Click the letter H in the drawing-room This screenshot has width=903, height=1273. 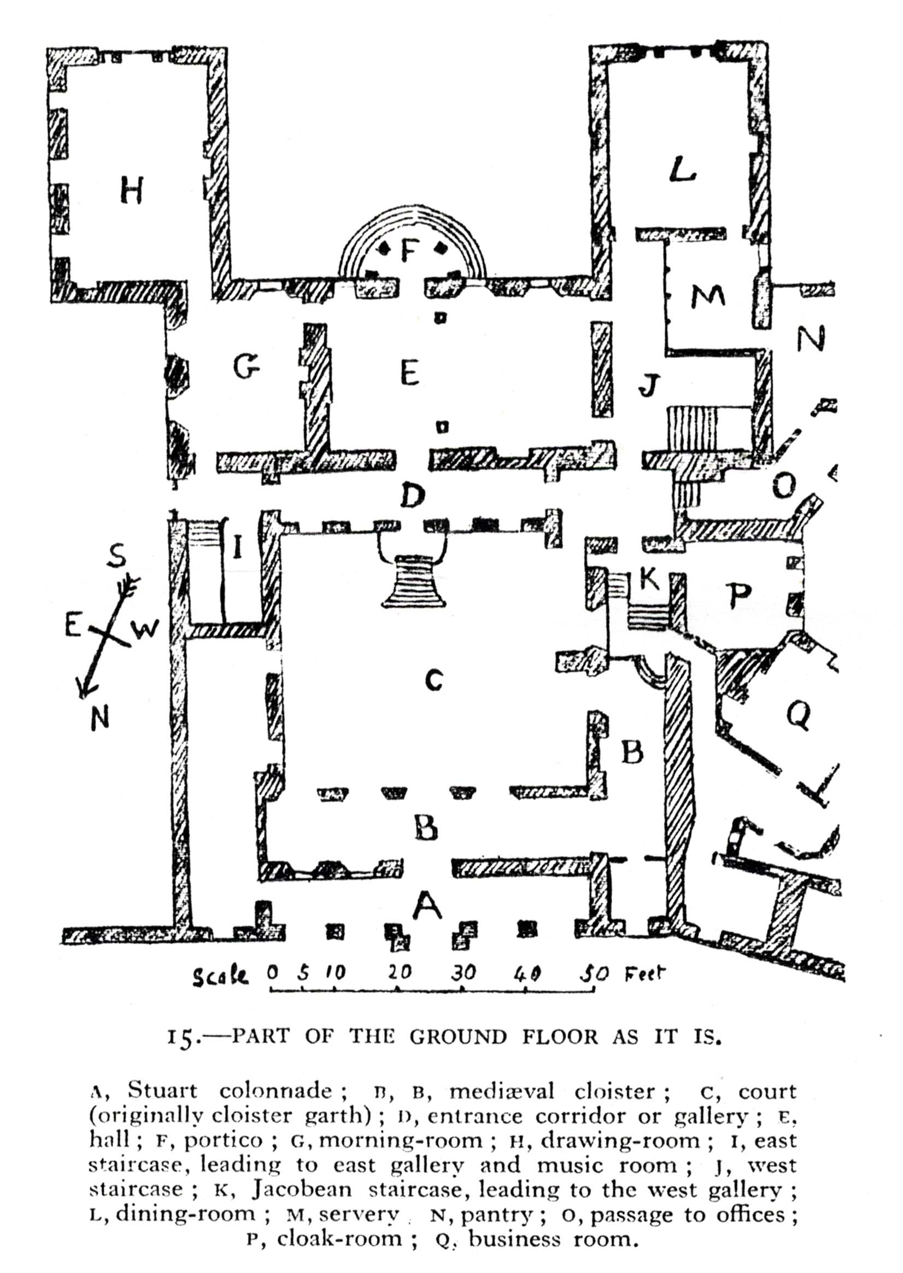(132, 190)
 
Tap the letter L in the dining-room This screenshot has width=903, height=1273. (682, 169)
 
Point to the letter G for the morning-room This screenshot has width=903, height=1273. (247, 367)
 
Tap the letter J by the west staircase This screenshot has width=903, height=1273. (649, 386)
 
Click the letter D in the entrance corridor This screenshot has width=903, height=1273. (413, 495)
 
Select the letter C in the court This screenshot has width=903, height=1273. (433, 680)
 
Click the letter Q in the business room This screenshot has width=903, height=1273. (799, 715)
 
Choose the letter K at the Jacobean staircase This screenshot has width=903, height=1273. (649, 579)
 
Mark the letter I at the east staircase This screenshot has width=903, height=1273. (237, 547)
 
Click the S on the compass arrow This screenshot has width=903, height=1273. (116, 555)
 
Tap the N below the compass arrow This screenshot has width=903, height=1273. (99, 718)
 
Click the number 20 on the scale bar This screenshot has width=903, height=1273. (399, 972)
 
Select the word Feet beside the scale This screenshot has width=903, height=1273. (644, 973)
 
